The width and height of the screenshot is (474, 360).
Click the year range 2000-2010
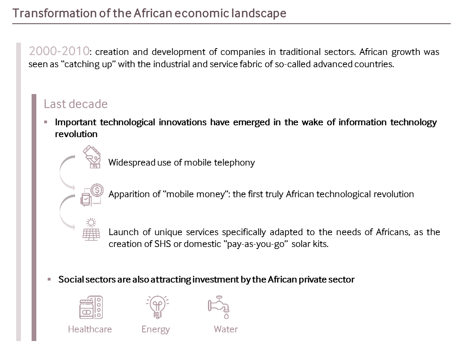(x=59, y=51)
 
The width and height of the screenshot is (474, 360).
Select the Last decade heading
(x=75, y=104)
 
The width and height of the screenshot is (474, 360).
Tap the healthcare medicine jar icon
(x=91, y=307)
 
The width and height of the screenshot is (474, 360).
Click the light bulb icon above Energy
(x=158, y=307)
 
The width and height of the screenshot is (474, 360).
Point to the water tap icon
(x=218, y=307)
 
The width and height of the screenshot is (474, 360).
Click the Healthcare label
(x=90, y=329)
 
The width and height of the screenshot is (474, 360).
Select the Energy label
(x=156, y=330)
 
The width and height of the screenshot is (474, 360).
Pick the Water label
(x=226, y=329)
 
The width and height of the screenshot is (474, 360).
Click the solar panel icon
(x=91, y=229)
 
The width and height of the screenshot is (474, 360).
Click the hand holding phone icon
(x=92, y=157)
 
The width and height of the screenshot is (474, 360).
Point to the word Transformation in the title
(x=55, y=13)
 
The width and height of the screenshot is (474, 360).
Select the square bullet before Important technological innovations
(x=45, y=122)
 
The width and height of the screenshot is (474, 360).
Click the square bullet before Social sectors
(x=49, y=279)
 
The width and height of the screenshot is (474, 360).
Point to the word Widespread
(x=132, y=163)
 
